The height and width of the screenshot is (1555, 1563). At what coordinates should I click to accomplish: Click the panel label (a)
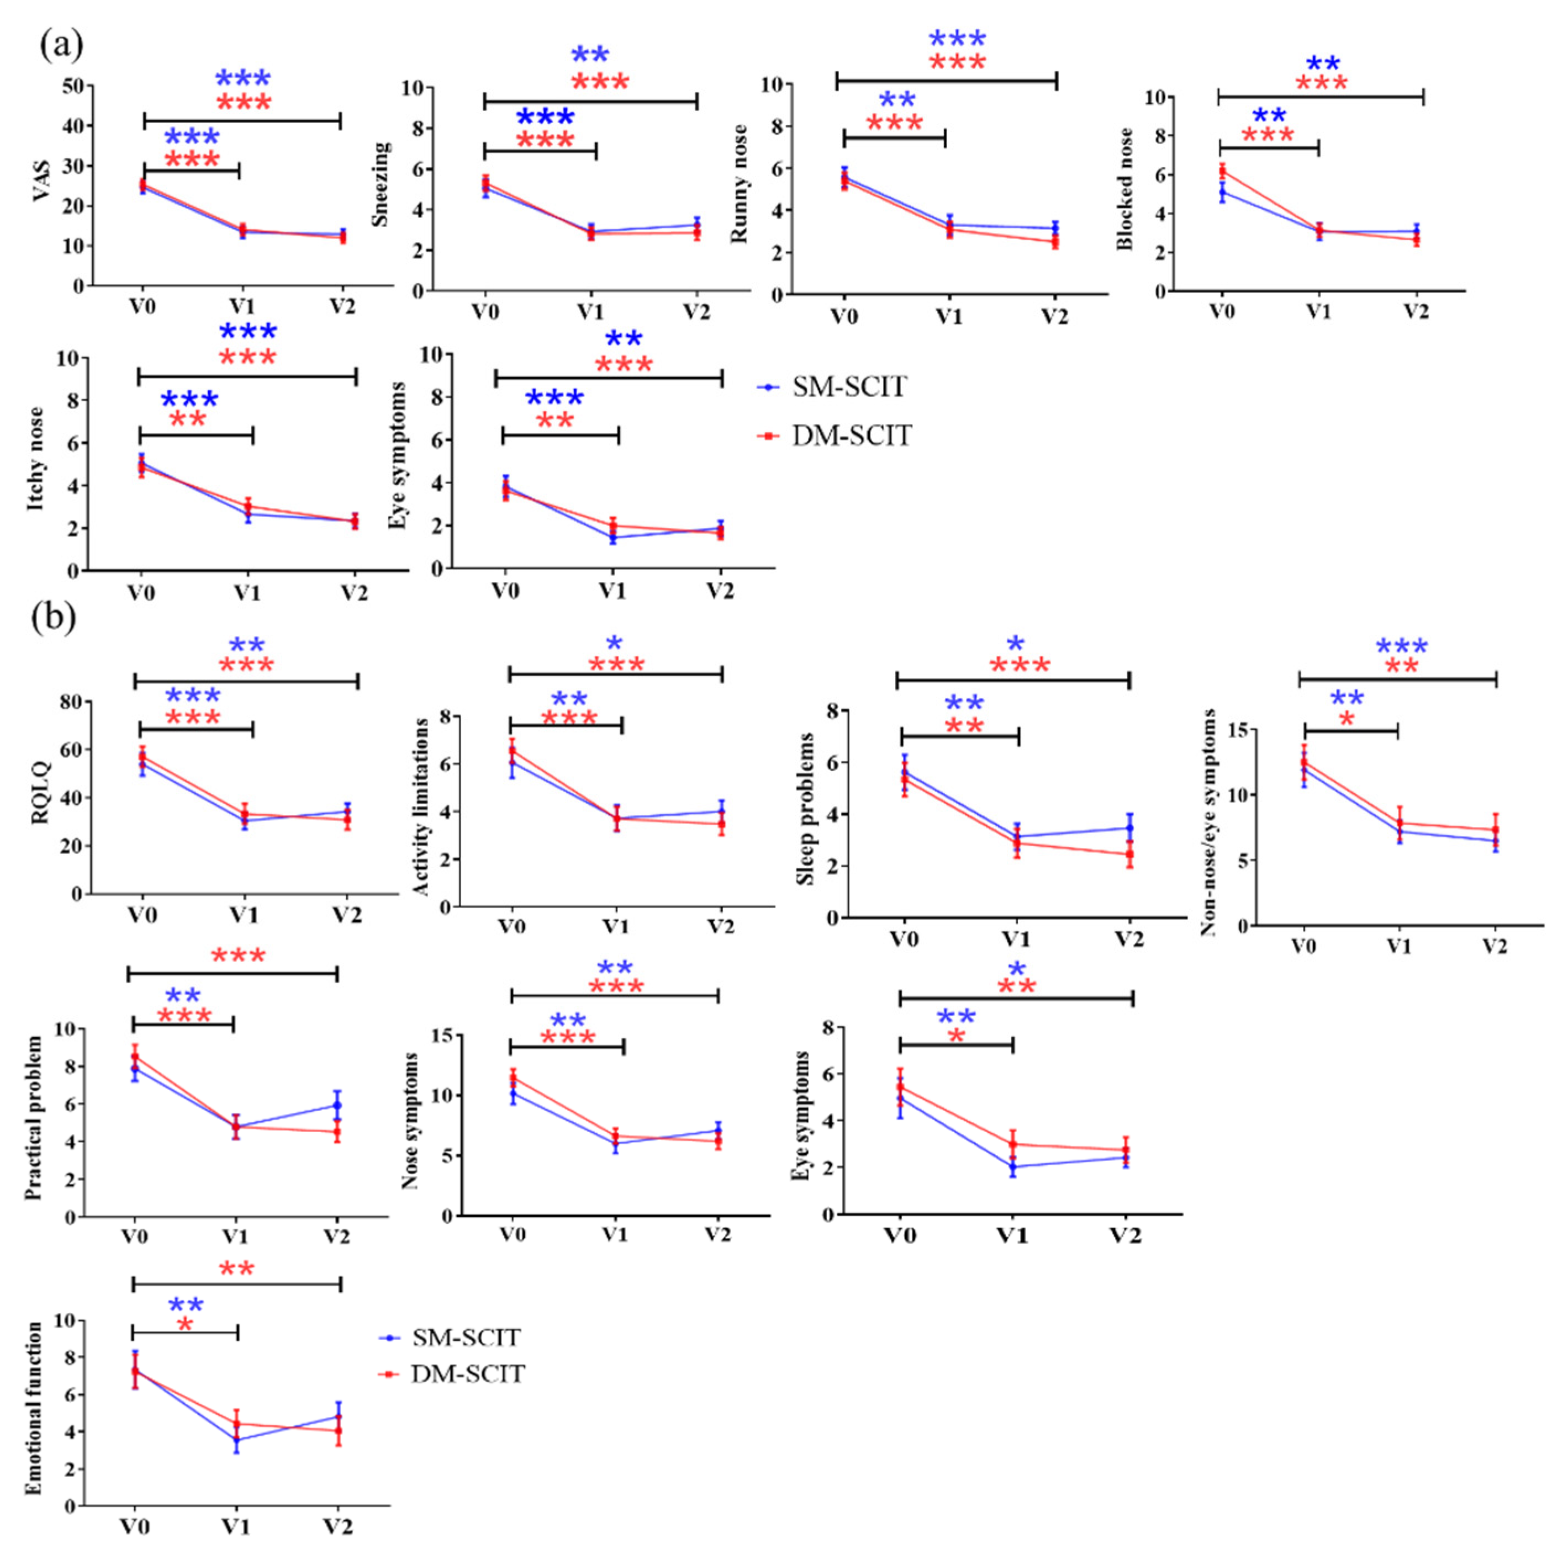[x=61, y=46]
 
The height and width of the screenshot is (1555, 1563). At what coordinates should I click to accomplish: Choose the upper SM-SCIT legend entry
[x=848, y=388]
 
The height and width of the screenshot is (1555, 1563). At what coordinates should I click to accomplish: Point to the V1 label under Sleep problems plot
[x=1016, y=939]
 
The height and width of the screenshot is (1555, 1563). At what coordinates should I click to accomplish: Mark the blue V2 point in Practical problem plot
[x=336, y=1106]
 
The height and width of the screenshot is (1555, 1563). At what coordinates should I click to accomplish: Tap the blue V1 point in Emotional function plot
[x=237, y=1440]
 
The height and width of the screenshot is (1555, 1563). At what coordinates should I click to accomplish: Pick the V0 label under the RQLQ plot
[x=142, y=915]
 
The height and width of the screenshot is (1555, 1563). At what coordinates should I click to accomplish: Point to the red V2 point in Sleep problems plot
[x=1129, y=855]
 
